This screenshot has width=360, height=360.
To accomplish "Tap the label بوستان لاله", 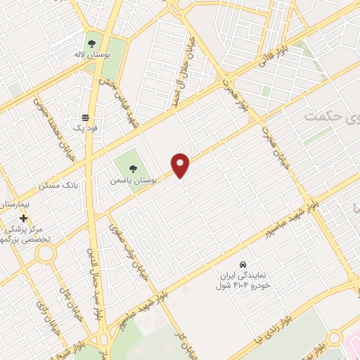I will [93, 53].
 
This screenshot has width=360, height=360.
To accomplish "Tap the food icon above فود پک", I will [86, 117].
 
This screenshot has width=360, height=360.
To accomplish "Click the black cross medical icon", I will [24, 219].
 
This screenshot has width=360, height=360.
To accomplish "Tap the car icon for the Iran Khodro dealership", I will [243, 264].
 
